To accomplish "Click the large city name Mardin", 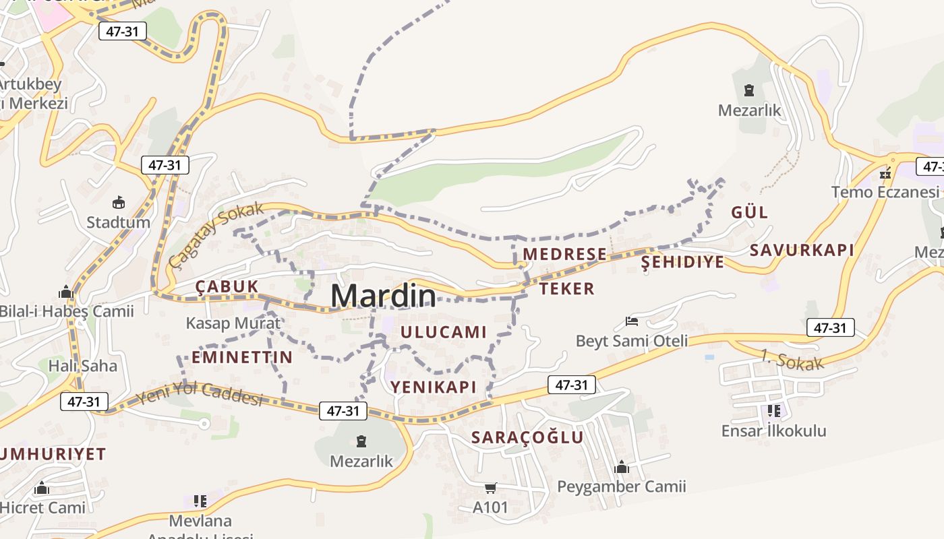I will coord(383,296).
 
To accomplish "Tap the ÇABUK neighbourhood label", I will coord(227,286).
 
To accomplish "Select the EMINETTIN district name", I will coord(242,357).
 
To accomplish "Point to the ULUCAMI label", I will coord(443,331).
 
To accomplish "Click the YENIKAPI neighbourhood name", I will coord(434,387).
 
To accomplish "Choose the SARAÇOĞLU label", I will coord(527,437).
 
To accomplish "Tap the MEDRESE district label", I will coord(565,254).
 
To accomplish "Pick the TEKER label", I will coord(567,289).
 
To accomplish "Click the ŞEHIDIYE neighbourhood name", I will coord(682,262).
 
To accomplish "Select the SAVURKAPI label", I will coord(802,250).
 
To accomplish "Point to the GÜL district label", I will coord(750,212).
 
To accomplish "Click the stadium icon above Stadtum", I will coord(119,201).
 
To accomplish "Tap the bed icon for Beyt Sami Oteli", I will coord(632,321).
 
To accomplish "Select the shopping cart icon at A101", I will coord(490,488).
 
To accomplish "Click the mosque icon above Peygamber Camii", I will coord(621,467).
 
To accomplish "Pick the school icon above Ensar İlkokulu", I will coord(773,410).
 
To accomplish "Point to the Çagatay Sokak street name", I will coord(216,234).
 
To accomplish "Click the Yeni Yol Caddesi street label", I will coord(200,394).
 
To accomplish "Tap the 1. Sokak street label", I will coord(792,360).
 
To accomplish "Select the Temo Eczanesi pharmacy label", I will coord(885,192).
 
